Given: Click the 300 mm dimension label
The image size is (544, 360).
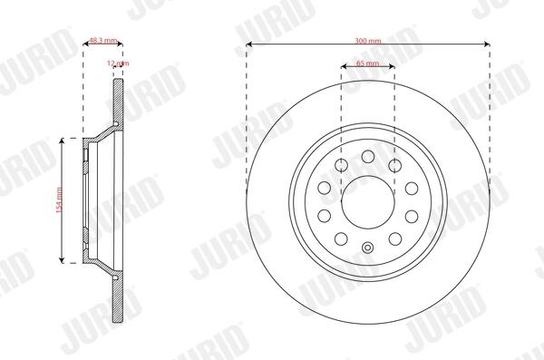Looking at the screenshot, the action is pos(368,41).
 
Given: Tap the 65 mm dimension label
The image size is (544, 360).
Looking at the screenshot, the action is pos(368,63).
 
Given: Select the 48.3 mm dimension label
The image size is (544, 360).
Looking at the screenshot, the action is pos(103,40).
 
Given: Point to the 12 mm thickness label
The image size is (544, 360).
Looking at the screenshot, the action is pos(118,63).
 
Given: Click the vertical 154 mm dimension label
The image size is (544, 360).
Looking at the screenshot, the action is pos(59,200).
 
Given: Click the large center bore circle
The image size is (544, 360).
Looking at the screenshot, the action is pos(368,202).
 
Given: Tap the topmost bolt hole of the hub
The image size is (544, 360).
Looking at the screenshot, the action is pos(368,156).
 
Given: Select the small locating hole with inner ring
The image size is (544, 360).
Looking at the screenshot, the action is pos(368,248).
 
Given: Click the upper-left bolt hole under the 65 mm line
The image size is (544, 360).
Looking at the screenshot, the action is pos(342,165).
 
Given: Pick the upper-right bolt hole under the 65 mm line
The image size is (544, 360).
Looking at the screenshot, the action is pos(394,165).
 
